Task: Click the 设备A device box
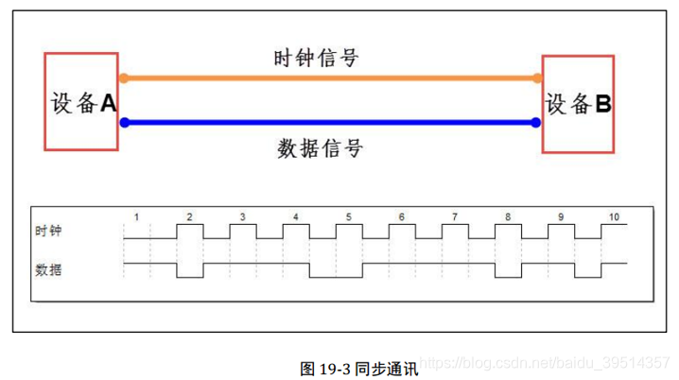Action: (81, 102)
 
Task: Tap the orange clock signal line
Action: (328, 78)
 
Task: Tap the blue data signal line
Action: (328, 122)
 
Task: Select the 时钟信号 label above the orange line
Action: (315, 58)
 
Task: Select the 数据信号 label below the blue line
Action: (320, 147)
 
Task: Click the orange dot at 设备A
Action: (122, 78)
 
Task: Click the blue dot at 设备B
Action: (536, 122)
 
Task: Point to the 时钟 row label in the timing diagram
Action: (48, 230)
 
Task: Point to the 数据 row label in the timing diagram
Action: (48, 269)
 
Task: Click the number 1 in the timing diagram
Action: (136, 217)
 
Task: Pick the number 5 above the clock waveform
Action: (349, 217)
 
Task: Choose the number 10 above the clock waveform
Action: (614, 217)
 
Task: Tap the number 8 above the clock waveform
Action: (508, 217)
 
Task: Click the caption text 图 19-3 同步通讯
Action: (358, 368)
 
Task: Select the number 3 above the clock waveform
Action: (243, 217)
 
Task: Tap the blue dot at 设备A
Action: (122, 122)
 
